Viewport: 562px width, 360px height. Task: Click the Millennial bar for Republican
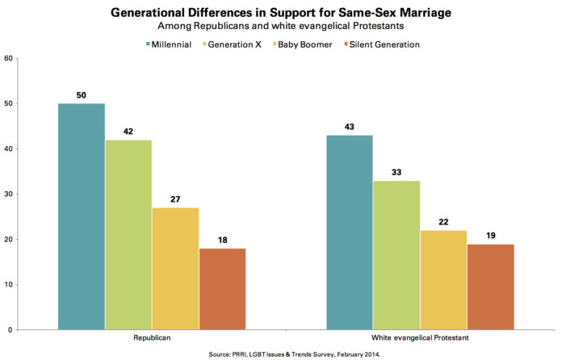(82, 216)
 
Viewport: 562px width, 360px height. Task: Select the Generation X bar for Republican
(128, 235)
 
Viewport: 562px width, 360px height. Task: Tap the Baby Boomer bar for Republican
(175, 269)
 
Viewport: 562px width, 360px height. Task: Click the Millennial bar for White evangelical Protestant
(350, 232)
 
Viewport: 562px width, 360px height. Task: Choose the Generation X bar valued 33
(396, 255)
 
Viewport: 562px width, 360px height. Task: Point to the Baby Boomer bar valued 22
(443, 280)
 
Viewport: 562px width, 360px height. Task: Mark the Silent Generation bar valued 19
(490, 287)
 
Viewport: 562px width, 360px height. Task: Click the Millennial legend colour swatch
(148, 44)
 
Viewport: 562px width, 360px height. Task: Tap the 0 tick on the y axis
(9, 330)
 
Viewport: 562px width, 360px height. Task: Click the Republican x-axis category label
(153, 338)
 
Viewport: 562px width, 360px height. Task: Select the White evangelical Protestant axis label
(420, 338)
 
